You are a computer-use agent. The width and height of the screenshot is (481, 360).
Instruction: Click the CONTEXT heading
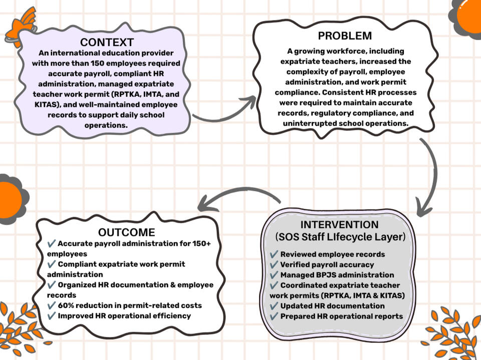point(107,42)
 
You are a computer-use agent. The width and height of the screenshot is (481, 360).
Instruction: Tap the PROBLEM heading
point(345,36)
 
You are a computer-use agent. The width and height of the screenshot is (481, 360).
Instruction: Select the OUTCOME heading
point(126,232)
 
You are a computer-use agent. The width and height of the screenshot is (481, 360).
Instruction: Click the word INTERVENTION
point(339,224)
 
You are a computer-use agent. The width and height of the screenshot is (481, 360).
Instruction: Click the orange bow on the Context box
point(21,27)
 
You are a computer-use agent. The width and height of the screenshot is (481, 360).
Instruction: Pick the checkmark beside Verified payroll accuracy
point(274,264)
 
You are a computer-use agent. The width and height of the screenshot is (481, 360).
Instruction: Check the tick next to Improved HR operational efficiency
point(52,315)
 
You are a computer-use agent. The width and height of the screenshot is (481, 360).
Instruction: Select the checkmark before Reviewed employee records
point(274,254)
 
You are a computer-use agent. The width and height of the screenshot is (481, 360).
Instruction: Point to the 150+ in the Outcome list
point(201,243)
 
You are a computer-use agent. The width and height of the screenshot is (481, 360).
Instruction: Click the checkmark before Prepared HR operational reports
point(274,316)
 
